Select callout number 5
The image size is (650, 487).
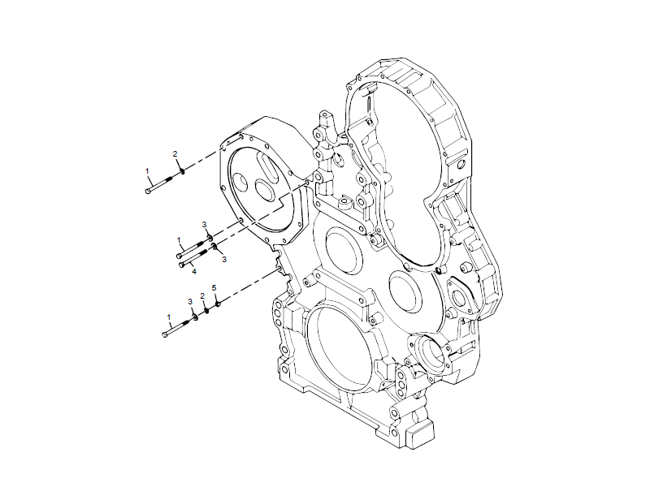point(214,288)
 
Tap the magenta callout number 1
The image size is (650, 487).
point(180,239)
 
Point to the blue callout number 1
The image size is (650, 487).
point(168,317)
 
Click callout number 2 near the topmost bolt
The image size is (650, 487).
point(174,153)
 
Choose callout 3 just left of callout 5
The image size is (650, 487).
point(190,301)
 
